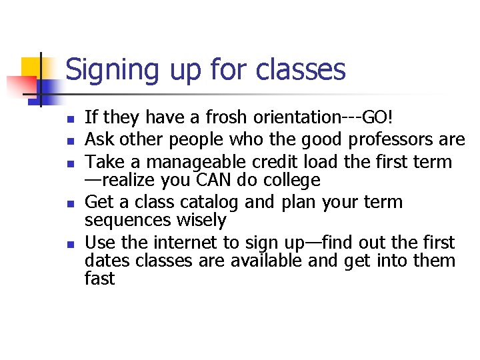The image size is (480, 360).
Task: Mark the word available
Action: [264, 261]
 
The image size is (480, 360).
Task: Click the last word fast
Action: [100, 279]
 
